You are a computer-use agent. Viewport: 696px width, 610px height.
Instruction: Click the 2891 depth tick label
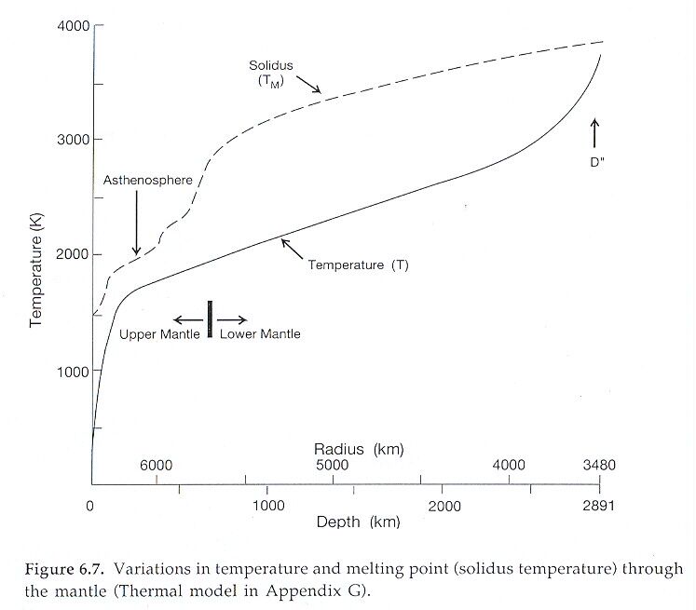tap(598, 507)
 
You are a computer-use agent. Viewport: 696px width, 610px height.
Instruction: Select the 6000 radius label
tap(156, 466)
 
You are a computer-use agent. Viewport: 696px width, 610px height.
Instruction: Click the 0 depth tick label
tap(90, 507)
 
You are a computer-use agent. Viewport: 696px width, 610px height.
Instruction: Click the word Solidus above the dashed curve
tap(270, 66)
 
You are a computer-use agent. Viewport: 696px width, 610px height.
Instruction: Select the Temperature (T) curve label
tap(359, 265)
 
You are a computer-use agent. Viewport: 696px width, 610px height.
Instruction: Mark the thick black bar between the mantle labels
tap(211, 319)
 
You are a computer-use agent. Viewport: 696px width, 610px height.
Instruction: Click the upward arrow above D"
tap(596, 133)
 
